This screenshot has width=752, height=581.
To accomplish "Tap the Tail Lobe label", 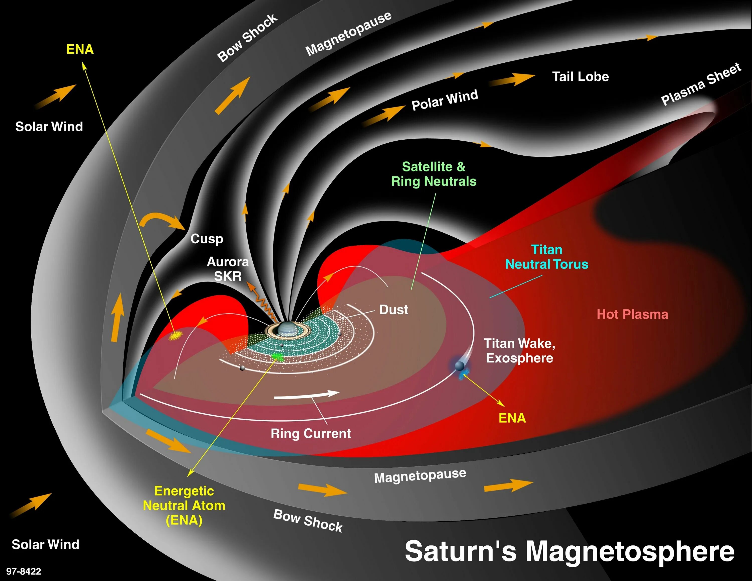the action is tap(580, 76).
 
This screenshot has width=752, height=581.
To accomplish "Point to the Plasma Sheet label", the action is tap(700, 84).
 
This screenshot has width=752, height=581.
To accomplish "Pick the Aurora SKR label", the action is tap(228, 269).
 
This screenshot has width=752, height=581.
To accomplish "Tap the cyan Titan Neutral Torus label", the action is tap(546, 257).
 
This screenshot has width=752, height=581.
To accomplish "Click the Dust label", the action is tap(394, 310).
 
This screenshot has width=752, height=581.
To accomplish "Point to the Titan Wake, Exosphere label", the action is tap(519, 351).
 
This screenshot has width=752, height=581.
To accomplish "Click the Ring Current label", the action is tap(311, 433).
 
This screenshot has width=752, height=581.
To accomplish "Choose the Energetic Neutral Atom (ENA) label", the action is tap(184, 505).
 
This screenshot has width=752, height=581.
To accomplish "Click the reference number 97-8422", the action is tap(23, 571).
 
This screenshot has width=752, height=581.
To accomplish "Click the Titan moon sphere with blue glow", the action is tap(459, 365).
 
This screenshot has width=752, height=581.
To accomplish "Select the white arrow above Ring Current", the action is tap(307, 395).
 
